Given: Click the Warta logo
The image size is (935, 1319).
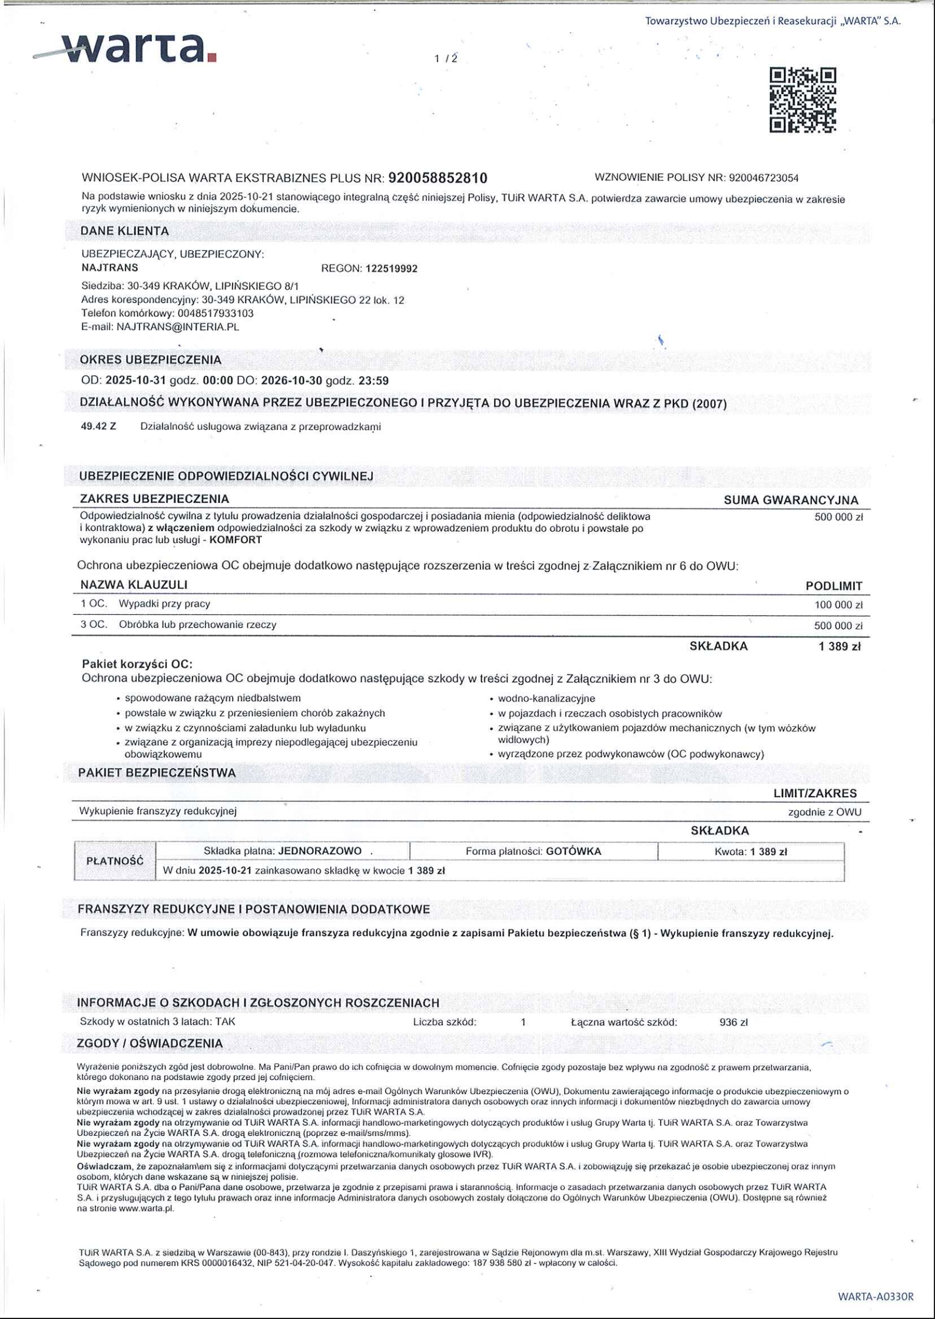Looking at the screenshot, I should click(x=127, y=48).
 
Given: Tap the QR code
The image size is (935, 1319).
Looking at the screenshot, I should click(x=803, y=100).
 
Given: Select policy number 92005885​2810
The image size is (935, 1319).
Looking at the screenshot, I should click(x=438, y=178).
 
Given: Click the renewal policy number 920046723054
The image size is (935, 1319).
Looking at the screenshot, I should click(x=764, y=178).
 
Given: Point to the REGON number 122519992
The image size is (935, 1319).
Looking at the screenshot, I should click(x=392, y=269).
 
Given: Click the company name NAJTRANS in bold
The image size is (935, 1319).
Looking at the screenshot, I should click(x=110, y=268).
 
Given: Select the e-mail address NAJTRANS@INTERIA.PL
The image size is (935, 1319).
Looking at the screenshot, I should click(x=178, y=327).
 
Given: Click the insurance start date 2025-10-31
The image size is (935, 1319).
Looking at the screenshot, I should click(x=136, y=381).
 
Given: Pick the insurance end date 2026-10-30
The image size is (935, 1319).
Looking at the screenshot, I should click(x=291, y=381).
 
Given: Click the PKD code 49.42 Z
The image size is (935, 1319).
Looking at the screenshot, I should click(x=98, y=426).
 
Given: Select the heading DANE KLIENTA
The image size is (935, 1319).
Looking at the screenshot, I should click(x=124, y=231).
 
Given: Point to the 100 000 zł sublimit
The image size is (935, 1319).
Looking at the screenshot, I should click(x=838, y=605).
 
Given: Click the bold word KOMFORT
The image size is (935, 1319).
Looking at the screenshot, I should click(x=236, y=540).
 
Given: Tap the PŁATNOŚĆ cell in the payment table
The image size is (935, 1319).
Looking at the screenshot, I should click(x=115, y=861).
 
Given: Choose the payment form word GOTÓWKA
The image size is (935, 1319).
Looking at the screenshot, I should click(x=573, y=851).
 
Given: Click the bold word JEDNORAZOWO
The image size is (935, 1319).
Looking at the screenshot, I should click(x=320, y=851).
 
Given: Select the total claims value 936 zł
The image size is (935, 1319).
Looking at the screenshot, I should click(x=733, y=1022).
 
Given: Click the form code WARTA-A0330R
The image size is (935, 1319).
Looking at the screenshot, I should click(x=876, y=1296).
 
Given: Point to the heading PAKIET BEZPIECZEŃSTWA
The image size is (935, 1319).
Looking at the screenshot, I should click(x=157, y=773).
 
